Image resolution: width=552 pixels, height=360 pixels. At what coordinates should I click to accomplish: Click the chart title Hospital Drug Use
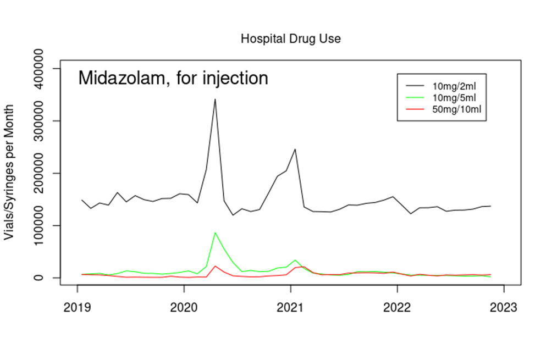(291, 39)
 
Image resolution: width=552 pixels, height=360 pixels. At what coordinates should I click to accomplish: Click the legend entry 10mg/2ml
(452, 86)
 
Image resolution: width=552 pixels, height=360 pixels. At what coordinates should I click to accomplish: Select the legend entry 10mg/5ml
(452, 98)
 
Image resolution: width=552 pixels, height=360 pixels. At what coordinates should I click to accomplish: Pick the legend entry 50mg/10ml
(455, 109)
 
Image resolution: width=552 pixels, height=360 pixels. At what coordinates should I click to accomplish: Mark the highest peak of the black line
(215, 99)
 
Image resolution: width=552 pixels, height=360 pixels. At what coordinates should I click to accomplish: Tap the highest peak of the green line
(215, 233)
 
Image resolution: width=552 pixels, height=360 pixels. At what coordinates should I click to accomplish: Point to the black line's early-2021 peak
(295, 149)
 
